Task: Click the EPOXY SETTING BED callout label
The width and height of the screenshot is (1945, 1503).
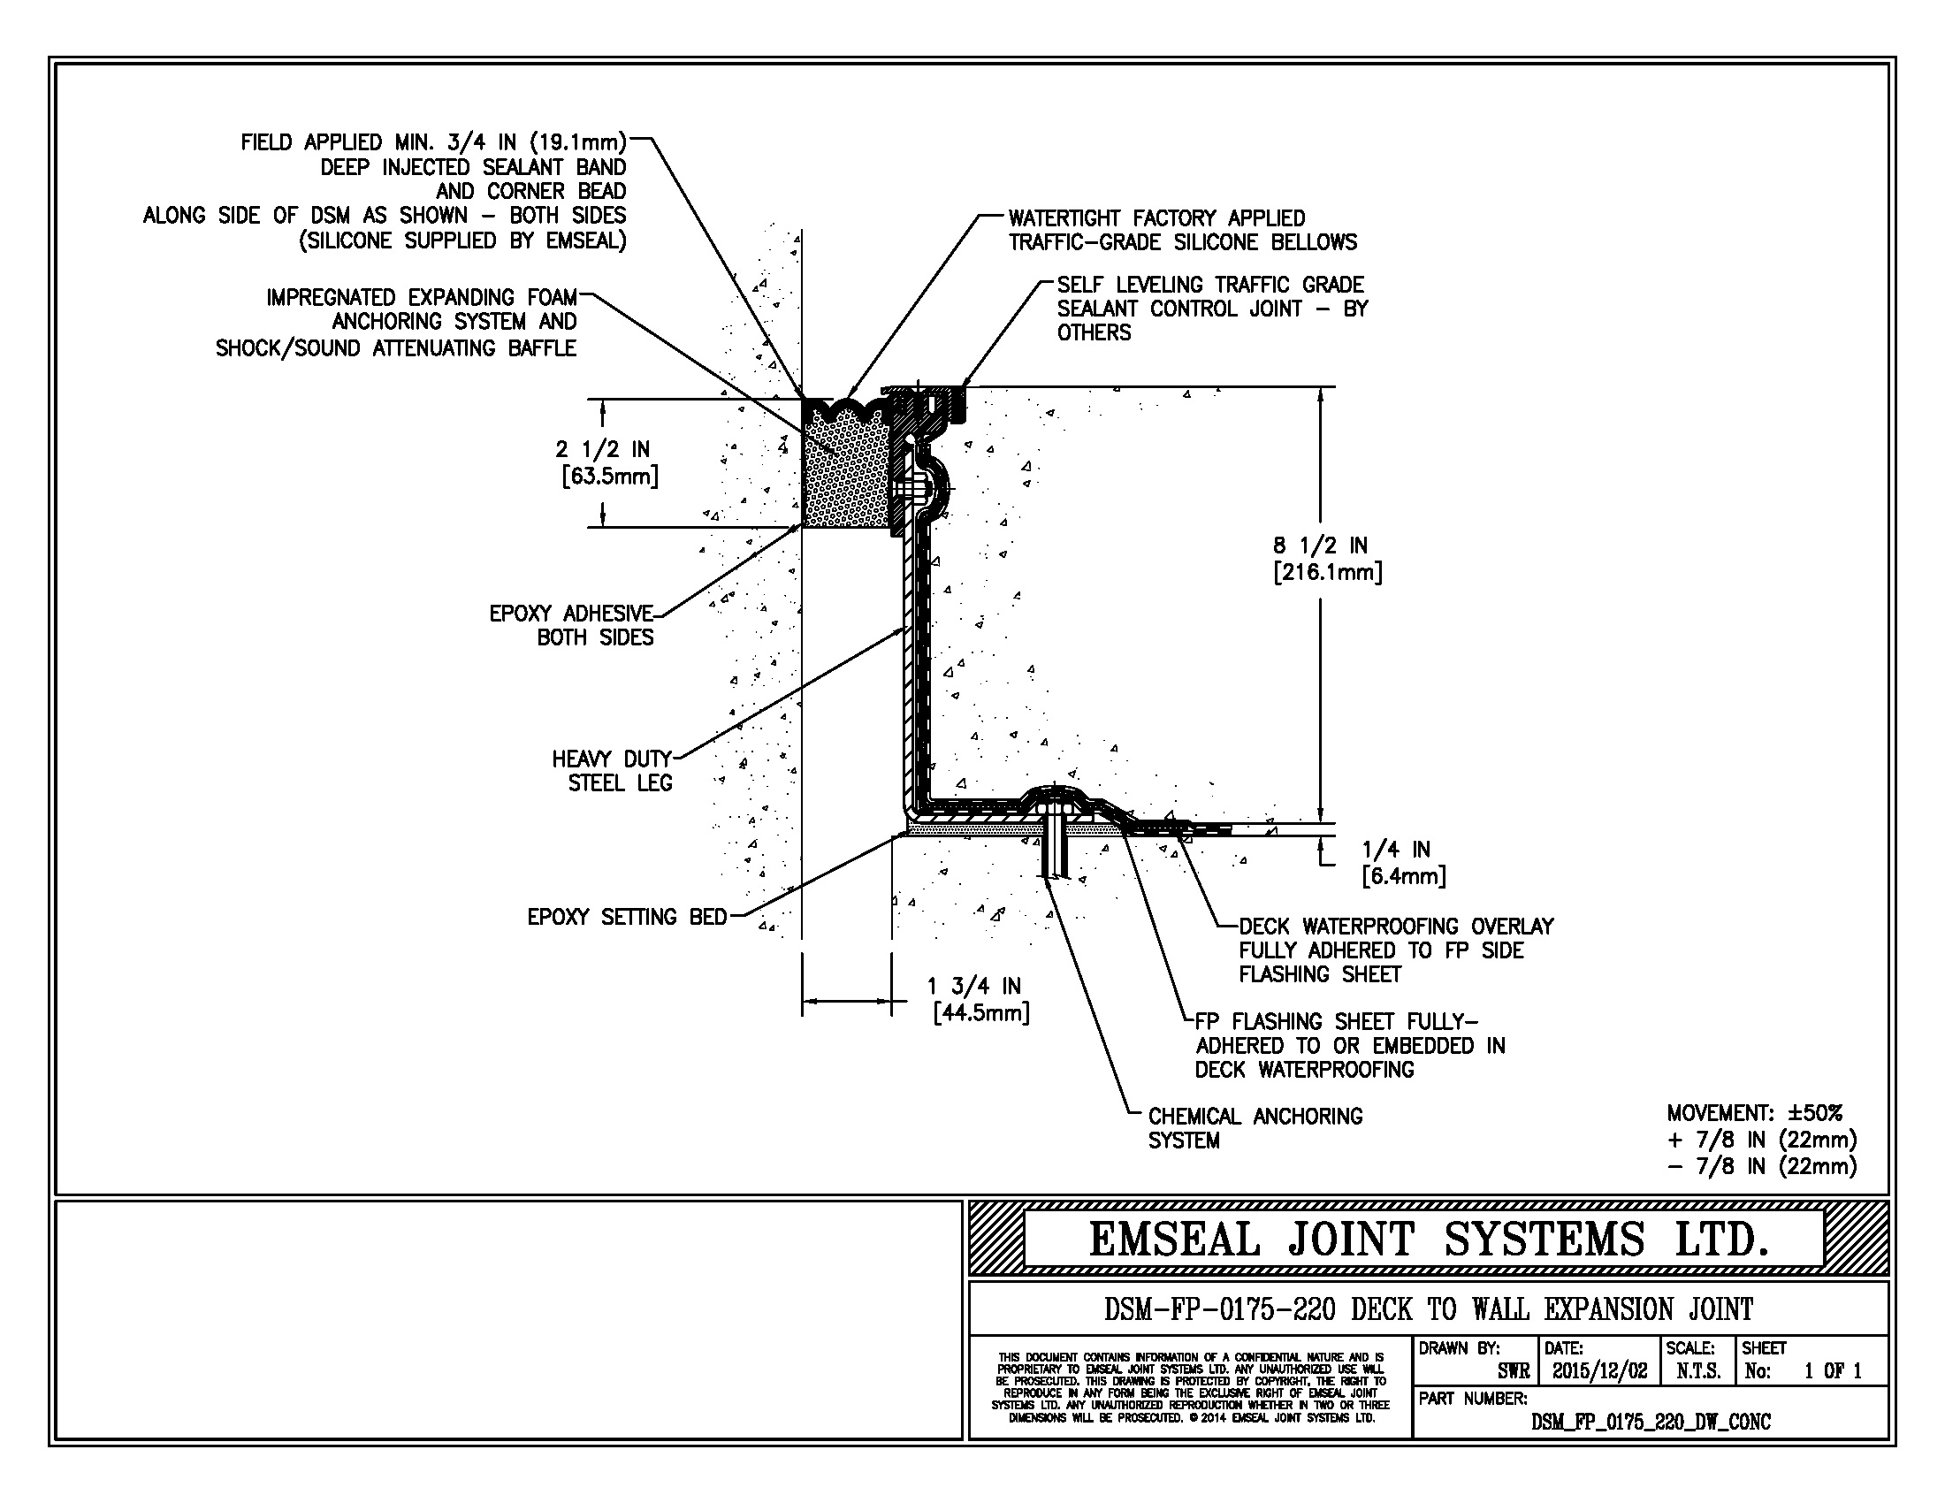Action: [x=627, y=917]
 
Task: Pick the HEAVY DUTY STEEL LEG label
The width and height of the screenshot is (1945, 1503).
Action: [x=613, y=771]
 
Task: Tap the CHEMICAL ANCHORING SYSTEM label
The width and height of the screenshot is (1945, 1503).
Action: [x=1254, y=1128]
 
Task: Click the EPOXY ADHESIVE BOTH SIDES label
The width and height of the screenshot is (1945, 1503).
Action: [x=572, y=625]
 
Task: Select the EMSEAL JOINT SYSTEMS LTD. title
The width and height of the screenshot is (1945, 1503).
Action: [x=1428, y=1240]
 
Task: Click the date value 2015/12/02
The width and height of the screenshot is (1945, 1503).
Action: [x=1599, y=1371]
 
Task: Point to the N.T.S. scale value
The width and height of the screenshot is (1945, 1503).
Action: [x=1697, y=1371]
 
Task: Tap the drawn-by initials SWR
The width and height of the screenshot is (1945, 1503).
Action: [x=1513, y=1371]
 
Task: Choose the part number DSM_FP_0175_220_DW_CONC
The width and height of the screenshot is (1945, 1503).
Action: [x=1651, y=1422]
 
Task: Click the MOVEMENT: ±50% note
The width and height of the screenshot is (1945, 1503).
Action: [x=1754, y=1113]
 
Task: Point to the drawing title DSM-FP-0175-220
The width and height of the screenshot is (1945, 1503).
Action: [x=1428, y=1309]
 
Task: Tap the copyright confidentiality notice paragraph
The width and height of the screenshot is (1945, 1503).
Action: [x=1191, y=1387]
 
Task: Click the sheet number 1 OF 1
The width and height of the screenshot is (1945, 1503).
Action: [x=1833, y=1371]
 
